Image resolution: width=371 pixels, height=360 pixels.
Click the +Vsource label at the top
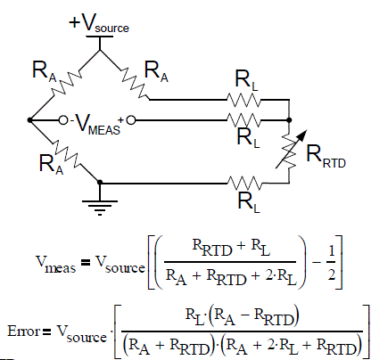click(x=99, y=23)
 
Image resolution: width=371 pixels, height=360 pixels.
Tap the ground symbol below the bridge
click(x=100, y=208)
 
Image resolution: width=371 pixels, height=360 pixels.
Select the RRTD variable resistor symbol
click(x=289, y=152)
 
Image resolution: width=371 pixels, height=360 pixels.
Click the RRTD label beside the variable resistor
click(x=326, y=157)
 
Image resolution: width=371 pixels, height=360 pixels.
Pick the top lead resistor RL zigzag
click(x=243, y=100)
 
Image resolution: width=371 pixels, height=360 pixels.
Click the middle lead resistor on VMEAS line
click(x=243, y=120)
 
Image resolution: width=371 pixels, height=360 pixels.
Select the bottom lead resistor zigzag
click(x=244, y=184)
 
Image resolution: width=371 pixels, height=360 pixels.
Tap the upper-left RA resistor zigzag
click(x=67, y=83)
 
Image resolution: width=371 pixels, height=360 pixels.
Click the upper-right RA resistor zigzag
click(x=135, y=84)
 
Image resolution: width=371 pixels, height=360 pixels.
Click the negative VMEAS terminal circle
click(x=63, y=120)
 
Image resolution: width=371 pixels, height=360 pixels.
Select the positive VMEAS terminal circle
click(x=131, y=120)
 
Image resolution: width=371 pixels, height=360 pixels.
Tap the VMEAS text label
click(x=96, y=125)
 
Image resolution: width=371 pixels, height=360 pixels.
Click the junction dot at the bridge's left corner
click(x=29, y=120)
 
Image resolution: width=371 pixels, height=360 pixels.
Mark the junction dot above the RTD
click(x=289, y=120)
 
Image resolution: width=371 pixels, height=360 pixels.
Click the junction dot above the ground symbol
click(x=100, y=182)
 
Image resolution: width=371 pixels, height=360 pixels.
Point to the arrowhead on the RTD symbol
click(x=302, y=135)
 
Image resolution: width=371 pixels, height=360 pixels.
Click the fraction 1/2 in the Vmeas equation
click(x=331, y=262)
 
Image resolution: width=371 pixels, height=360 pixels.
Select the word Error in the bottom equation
click(x=23, y=331)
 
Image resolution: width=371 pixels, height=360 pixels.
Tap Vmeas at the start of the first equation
click(x=55, y=265)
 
